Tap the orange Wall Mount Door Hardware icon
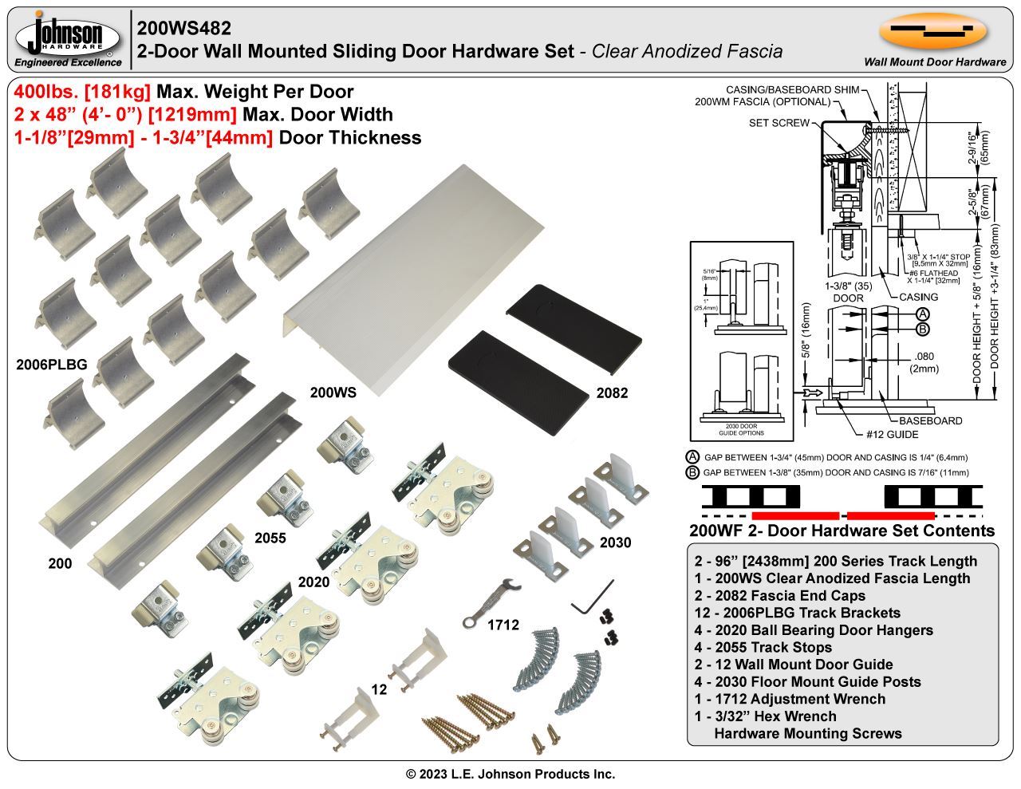tap(933, 32)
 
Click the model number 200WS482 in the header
tap(184, 28)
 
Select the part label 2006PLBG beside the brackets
tap(51, 365)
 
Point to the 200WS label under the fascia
tap(333, 393)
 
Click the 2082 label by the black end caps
tap(612, 393)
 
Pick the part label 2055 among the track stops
tap(270, 538)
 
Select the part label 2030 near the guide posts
tap(614, 542)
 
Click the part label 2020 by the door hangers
tap(313, 582)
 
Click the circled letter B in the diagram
tap(922, 329)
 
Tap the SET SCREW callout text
tap(779, 123)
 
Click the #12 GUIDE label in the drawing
tap(892, 435)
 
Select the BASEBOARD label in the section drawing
tap(930, 420)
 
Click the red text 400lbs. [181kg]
tap(82, 92)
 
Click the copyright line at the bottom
tap(510, 774)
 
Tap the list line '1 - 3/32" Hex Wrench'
tap(765, 716)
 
